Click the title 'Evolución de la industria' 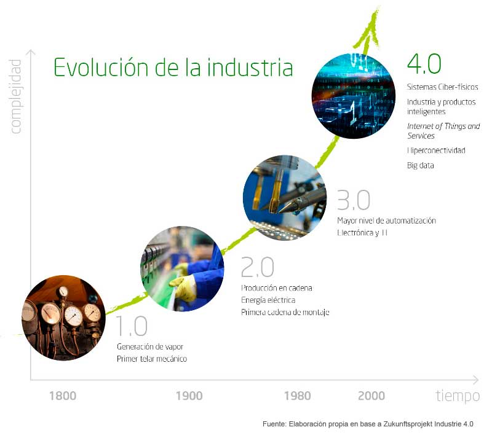[173, 66]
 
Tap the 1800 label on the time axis [63, 396]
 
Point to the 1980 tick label [297, 396]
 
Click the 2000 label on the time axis [371, 396]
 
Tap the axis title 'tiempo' [458, 396]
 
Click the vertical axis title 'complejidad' [15, 96]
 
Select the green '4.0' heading [424, 64]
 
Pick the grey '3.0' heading [353, 201]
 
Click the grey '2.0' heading [256, 267]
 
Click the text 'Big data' [420, 165]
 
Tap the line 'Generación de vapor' [150, 346]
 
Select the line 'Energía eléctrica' [268, 300]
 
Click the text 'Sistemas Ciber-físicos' [442, 87]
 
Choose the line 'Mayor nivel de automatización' [386, 220]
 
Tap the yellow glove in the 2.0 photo [184, 286]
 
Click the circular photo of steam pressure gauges [63, 318]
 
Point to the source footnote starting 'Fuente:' [368, 424]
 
